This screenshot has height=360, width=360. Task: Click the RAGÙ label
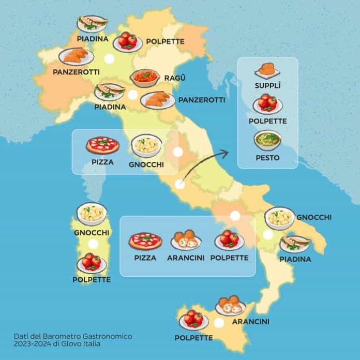pyautogui.click(x=175, y=78)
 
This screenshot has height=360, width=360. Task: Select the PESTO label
pyautogui.click(x=267, y=157)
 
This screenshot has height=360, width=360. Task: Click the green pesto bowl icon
pyautogui.click(x=267, y=140)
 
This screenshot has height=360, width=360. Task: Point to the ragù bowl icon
pyautogui.click(x=145, y=78)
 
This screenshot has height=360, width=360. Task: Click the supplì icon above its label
pyautogui.click(x=267, y=70)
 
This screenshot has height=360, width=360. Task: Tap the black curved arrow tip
pyautogui.click(x=226, y=152)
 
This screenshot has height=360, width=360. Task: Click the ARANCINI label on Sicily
pyautogui.click(x=250, y=322)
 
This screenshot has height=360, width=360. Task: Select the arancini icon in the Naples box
pyautogui.click(x=186, y=240)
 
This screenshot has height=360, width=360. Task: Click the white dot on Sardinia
pyautogui.click(x=93, y=244)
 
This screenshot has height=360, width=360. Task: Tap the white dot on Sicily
pyautogui.click(x=219, y=323)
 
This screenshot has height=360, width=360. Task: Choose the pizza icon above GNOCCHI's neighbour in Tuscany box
pyautogui.click(x=102, y=146)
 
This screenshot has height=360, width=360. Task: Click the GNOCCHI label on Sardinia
pyautogui.click(x=92, y=232)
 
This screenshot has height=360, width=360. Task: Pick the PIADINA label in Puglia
pyautogui.click(x=295, y=259)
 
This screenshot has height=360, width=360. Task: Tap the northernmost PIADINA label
pyautogui.click(x=92, y=39)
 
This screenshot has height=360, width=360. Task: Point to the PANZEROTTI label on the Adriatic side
pyautogui.click(x=202, y=99)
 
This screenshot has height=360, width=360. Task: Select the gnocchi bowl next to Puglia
pyautogui.click(x=280, y=218)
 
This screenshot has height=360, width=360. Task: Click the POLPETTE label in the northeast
pyautogui.click(x=166, y=41)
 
